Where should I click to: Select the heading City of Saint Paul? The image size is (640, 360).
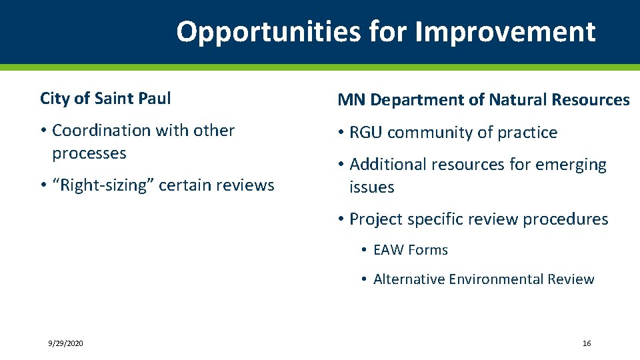pyautogui.click(x=105, y=99)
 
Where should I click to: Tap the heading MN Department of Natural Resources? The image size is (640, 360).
pyautogui.click(x=483, y=100)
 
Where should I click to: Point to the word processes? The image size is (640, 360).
pyautogui.click(x=89, y=153)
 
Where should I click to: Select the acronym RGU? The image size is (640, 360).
pyautogui.click(x=366, y=133)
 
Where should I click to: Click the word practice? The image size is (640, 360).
pyautogui.click(x=527, y=133)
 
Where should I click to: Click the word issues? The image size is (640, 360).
pyautogui.click(x=371, y=187)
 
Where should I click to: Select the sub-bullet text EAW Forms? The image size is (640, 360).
pyautogui.click(x=410, y=250)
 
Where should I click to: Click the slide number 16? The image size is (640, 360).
pyautogui.click(x=586, y=343)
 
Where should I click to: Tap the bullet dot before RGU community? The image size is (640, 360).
pyautogui.click(x=341, y=133)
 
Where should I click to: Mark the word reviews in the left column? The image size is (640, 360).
pyautogui.click(x=247, y=185)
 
